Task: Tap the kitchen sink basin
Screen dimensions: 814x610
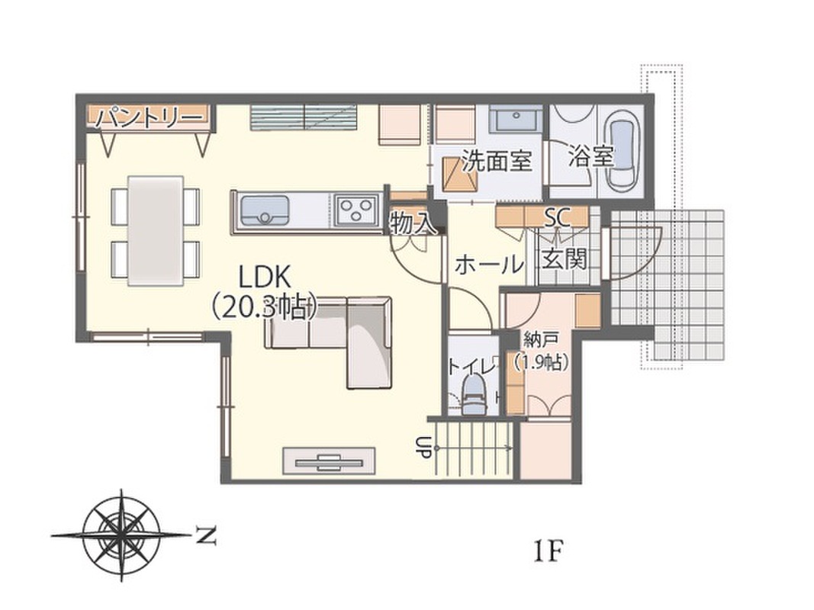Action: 264,210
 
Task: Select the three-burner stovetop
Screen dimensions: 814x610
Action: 356,210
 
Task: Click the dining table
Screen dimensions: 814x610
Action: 156,230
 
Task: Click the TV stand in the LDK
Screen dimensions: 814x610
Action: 329,460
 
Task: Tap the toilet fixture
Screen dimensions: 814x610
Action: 474,394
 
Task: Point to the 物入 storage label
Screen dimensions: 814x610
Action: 413,223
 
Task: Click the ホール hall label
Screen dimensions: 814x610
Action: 488,265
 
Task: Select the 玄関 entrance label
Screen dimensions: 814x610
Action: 565,258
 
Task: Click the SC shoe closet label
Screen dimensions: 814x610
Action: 557,217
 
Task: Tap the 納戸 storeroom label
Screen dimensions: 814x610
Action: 540,340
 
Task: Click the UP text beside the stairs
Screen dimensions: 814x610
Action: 423,447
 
